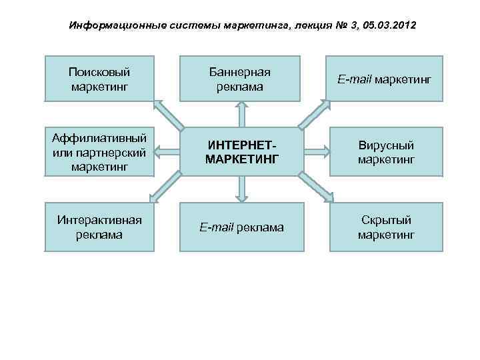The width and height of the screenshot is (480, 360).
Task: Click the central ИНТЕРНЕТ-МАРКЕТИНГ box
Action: tap(241, 151)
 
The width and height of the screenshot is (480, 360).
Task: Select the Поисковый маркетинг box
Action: tap(99, 79)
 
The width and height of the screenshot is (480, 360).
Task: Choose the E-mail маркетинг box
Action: tap(384, 79)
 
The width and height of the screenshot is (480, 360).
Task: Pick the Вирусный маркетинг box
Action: tap(386, 152)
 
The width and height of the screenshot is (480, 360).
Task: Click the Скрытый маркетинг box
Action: tap(386, 227)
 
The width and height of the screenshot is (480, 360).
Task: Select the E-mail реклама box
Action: tap(241, 227)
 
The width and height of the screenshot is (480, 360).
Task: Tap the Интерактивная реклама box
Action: tap(99, 227)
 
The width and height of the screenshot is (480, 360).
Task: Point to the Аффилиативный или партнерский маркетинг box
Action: tap(99, 151)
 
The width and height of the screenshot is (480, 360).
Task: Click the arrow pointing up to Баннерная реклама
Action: tap(241, 113)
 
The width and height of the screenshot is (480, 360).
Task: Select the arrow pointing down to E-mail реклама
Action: tap(241, 189)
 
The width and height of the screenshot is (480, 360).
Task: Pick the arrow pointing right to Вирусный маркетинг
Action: tap(315, 151)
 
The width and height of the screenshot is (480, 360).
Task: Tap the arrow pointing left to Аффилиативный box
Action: tap(167, 151)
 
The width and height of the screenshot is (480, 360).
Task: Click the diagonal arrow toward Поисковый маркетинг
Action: tap(168, 115)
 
